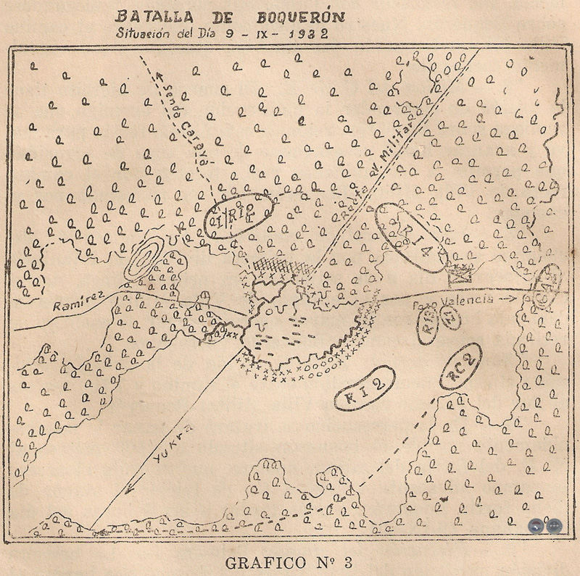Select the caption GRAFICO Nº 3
pyautogui.click(x=289, y=562)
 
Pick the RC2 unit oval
pyautogui.click(x=460, y=367)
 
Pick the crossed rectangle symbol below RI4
pyautogui.click(x=460, y=274)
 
